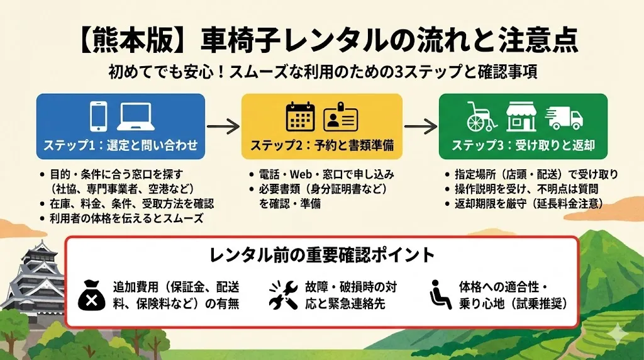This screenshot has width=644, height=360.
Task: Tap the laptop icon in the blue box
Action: click(136, 116)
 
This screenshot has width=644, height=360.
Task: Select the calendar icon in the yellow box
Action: click(300, 116)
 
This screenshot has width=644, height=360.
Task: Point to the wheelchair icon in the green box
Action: click(482, 116)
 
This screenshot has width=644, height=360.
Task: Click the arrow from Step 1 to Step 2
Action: click(223, 126)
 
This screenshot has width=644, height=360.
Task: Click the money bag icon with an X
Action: click(92, 295)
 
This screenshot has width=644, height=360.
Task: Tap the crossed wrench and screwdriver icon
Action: click(282, 295)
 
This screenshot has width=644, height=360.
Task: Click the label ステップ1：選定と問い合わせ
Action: click(121, 145)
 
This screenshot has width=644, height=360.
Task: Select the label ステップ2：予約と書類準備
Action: click(322, 145)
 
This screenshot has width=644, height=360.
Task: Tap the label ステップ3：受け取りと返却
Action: click(523, 145)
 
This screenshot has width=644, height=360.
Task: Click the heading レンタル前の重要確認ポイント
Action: click(321, 255)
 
